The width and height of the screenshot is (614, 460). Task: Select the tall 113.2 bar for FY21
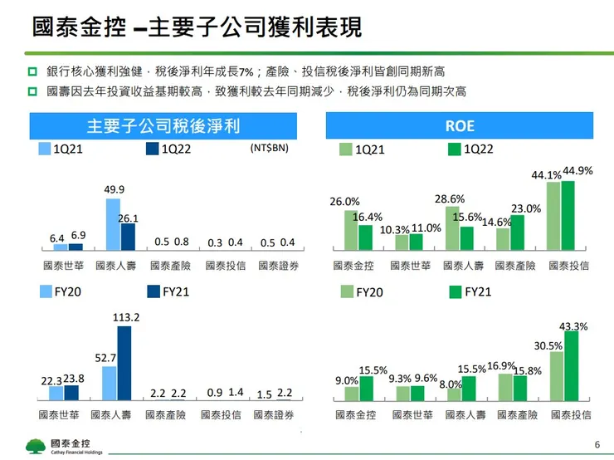click(124, 363)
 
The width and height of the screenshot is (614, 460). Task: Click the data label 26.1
click(128, 218)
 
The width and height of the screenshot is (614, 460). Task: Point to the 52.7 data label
click(106, 358)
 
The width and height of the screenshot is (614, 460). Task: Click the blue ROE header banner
click(460, 126)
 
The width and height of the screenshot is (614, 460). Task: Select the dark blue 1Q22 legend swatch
click(152, 149)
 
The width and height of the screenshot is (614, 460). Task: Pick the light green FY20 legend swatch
click(347, 291)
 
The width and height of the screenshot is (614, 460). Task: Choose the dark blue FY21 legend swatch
click(152, 291)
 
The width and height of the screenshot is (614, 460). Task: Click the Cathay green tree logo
click(36, 444)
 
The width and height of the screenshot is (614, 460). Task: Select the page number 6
click(597, 443)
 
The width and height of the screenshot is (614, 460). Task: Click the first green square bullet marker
click(32, 72)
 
